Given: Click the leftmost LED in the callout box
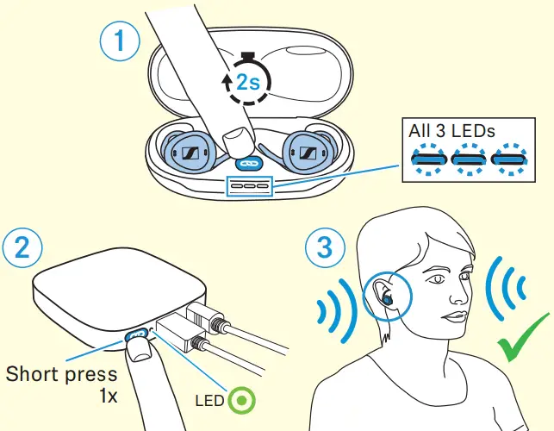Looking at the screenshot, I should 428,159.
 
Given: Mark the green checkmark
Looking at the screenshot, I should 521,348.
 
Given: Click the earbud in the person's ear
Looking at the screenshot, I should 388,297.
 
